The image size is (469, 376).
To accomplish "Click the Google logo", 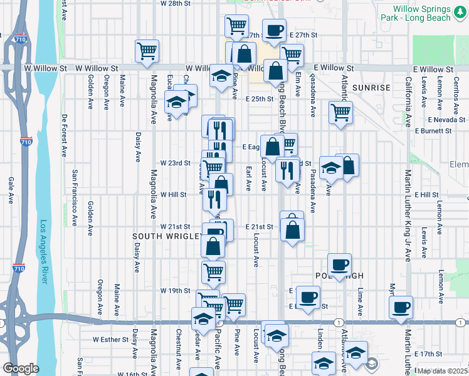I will click(x=21, y=368).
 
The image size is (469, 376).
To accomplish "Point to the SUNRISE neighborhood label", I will click(x=371, y=87).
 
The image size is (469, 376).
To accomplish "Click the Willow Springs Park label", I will click(x=422, y=14).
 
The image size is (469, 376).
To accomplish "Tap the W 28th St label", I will click(x=175, y=3).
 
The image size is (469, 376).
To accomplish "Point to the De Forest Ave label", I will click(x=65, y=135).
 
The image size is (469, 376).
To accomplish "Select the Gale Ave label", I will click(x=11, y=190).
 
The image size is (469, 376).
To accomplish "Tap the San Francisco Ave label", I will click(x=75, y=197).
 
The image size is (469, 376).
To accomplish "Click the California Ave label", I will click(x=408, y=102).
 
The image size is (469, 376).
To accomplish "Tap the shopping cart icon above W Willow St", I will click(x=147, y=50).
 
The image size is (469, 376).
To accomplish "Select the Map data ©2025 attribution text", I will click(x=442, y=371).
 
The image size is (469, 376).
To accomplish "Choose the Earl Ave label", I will click(x=249, y=178).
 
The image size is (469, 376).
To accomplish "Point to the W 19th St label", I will click(x=175, y=291).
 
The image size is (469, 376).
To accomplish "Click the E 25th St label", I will click(x=260, y=99).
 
